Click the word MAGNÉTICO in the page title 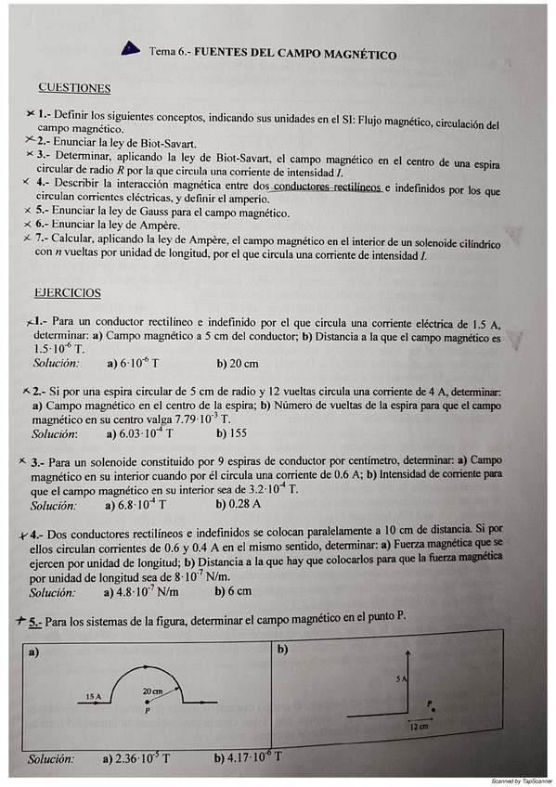click(356, 55)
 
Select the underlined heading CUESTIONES click(74, 89)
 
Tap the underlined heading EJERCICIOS click(68, 293)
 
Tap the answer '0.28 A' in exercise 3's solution click(239, 505)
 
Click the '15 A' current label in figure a click(92, 695)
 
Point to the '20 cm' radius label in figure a click(150, 691)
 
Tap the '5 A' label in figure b click(401, 680)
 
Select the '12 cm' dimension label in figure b click(419, 727)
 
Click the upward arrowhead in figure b click(409, 655)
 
